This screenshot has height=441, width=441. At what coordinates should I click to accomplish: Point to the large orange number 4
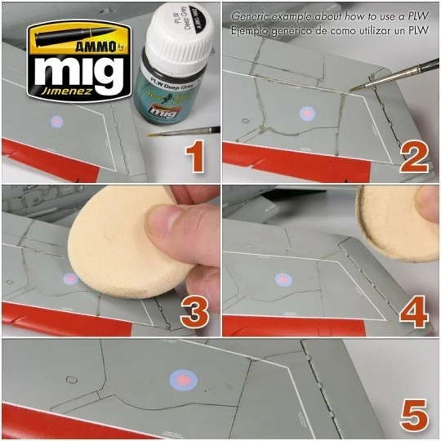click(414, 312)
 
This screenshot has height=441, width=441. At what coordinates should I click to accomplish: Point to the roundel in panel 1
click(56, 123)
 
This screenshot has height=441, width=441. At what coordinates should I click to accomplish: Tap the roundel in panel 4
click(283, 279)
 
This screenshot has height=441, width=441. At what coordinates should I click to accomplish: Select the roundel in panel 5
click(183, 379)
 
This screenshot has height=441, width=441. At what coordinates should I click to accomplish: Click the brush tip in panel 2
click(353, 90)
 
